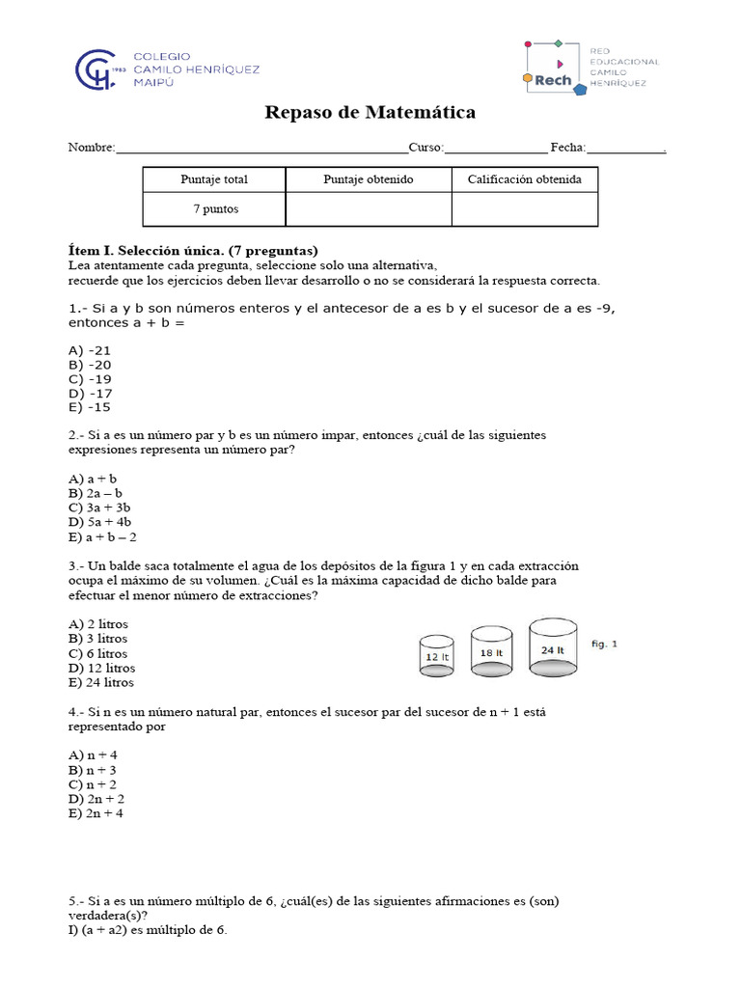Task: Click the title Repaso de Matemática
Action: point(370,113)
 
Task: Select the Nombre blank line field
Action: point(261,149)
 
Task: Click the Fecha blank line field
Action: point(625,149)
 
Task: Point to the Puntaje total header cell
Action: point(214,179)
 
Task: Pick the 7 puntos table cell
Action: point(214,209)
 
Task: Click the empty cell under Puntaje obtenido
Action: point(369,209)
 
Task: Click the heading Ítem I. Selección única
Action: point(193,250)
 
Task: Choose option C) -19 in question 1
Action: point(90,379)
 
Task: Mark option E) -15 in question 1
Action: point(90,407)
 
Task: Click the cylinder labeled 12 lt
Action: point(437,656)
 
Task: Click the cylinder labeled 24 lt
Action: point(553,648)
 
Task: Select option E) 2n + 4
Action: point(96,813)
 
